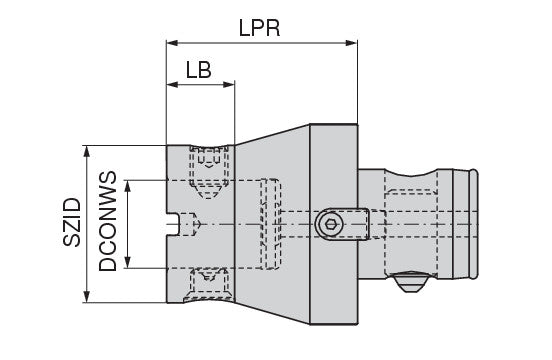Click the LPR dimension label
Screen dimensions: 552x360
tap(259, 28)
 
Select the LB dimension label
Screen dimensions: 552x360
tap(199, 70)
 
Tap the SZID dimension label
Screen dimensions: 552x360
tap(72, 222)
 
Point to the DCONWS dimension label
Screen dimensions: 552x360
tap(107, 221)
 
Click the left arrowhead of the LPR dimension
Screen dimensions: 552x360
tap(172, 43)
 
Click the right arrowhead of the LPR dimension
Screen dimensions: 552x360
tap(352, 43)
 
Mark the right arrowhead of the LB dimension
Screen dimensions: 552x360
tap(229, 84)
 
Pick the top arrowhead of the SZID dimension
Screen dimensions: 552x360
tap(87, 151)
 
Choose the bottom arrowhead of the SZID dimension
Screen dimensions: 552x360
tap(87, 296)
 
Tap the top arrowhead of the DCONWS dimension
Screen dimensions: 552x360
tap(128, 186)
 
